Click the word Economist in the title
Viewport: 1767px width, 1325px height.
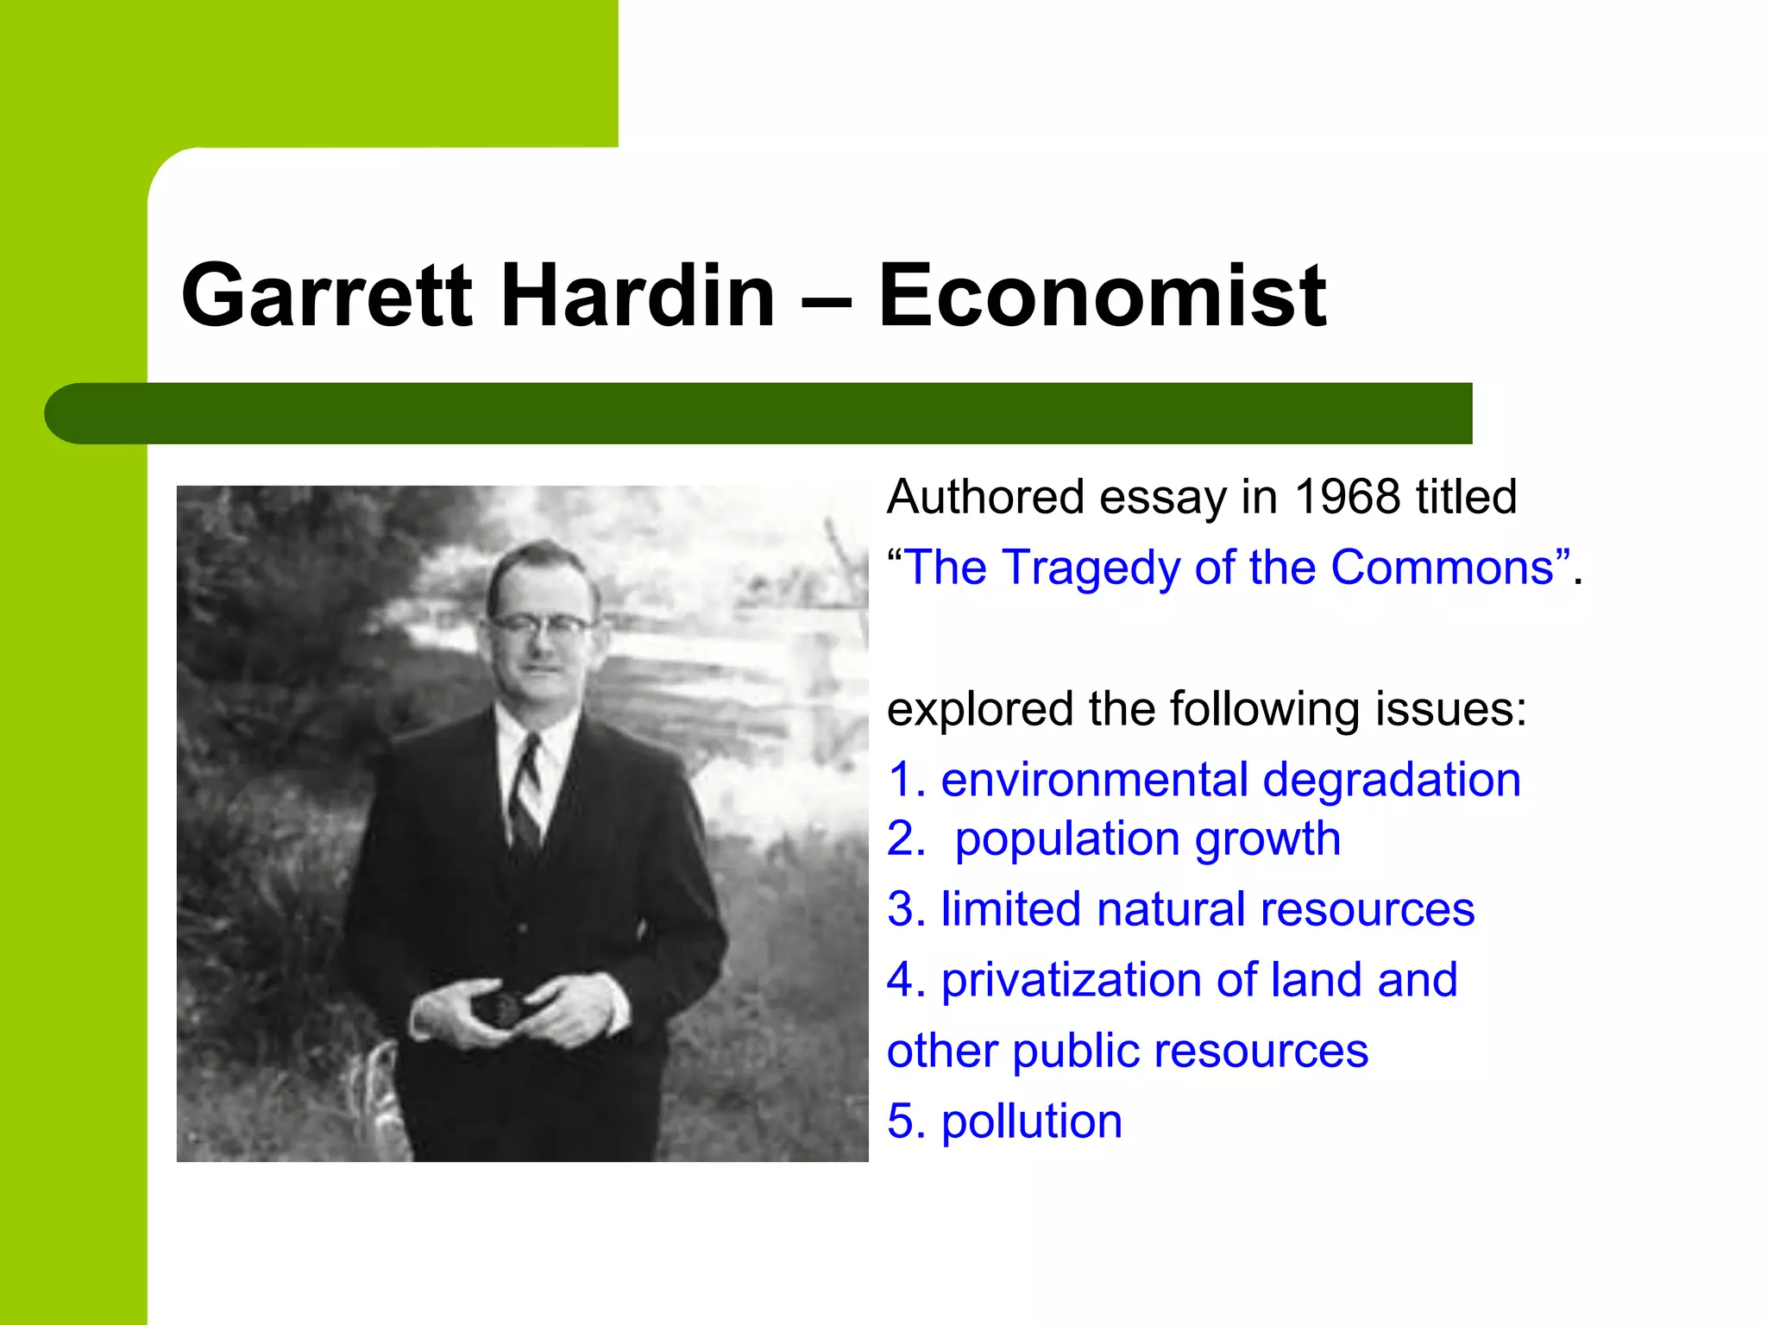pos(1102,296)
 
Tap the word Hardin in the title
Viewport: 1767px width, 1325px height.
pos(638,296)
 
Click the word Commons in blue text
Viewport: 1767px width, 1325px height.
pos(1442,568)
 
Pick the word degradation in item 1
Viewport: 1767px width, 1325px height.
pos(1392,781)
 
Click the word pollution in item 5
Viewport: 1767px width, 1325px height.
pos(1032,1122)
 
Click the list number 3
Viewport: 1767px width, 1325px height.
pos(902,909)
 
